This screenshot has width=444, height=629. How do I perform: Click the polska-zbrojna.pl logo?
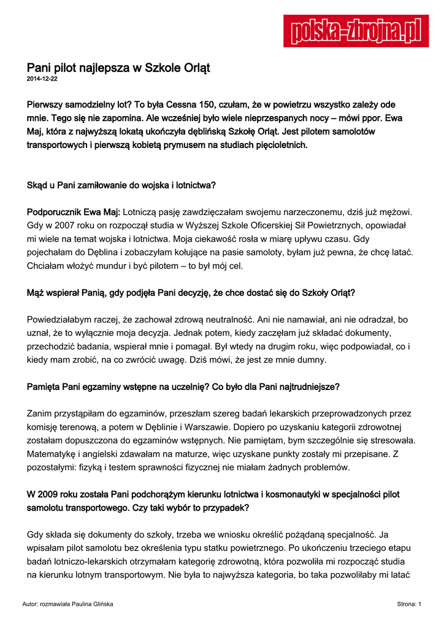click(x=356, y=31)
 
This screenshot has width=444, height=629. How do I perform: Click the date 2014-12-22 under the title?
click(x=42, y=80)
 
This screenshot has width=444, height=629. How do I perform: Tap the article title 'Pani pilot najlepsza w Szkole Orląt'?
click(x=118, y=68)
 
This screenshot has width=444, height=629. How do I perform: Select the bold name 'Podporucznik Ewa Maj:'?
click(x=74, y=212)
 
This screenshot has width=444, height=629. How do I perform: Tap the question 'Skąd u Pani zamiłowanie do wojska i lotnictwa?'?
click(x=121, y=185)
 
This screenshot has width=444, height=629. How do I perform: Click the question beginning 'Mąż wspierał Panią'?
click(x=191, y=293)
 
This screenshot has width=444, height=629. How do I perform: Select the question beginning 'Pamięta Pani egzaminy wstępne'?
click(x=183, y=387)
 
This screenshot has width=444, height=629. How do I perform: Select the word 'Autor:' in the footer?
click(x=29, y=604)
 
